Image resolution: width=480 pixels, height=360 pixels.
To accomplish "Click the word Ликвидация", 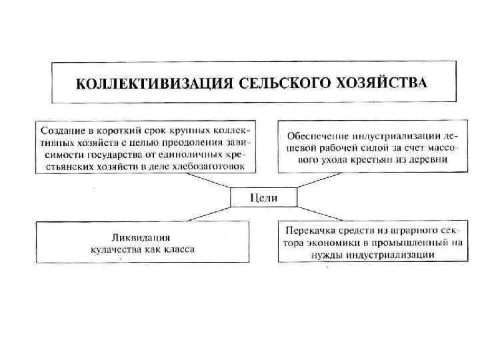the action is point(141,237).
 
